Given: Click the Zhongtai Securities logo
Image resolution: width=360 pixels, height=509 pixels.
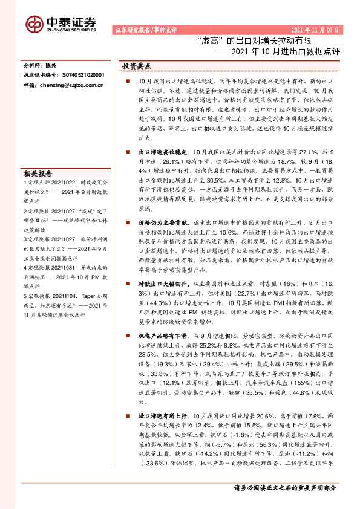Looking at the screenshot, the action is tap(61, 23).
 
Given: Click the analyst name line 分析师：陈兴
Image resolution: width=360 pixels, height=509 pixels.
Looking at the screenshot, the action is tap(43, 64).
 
